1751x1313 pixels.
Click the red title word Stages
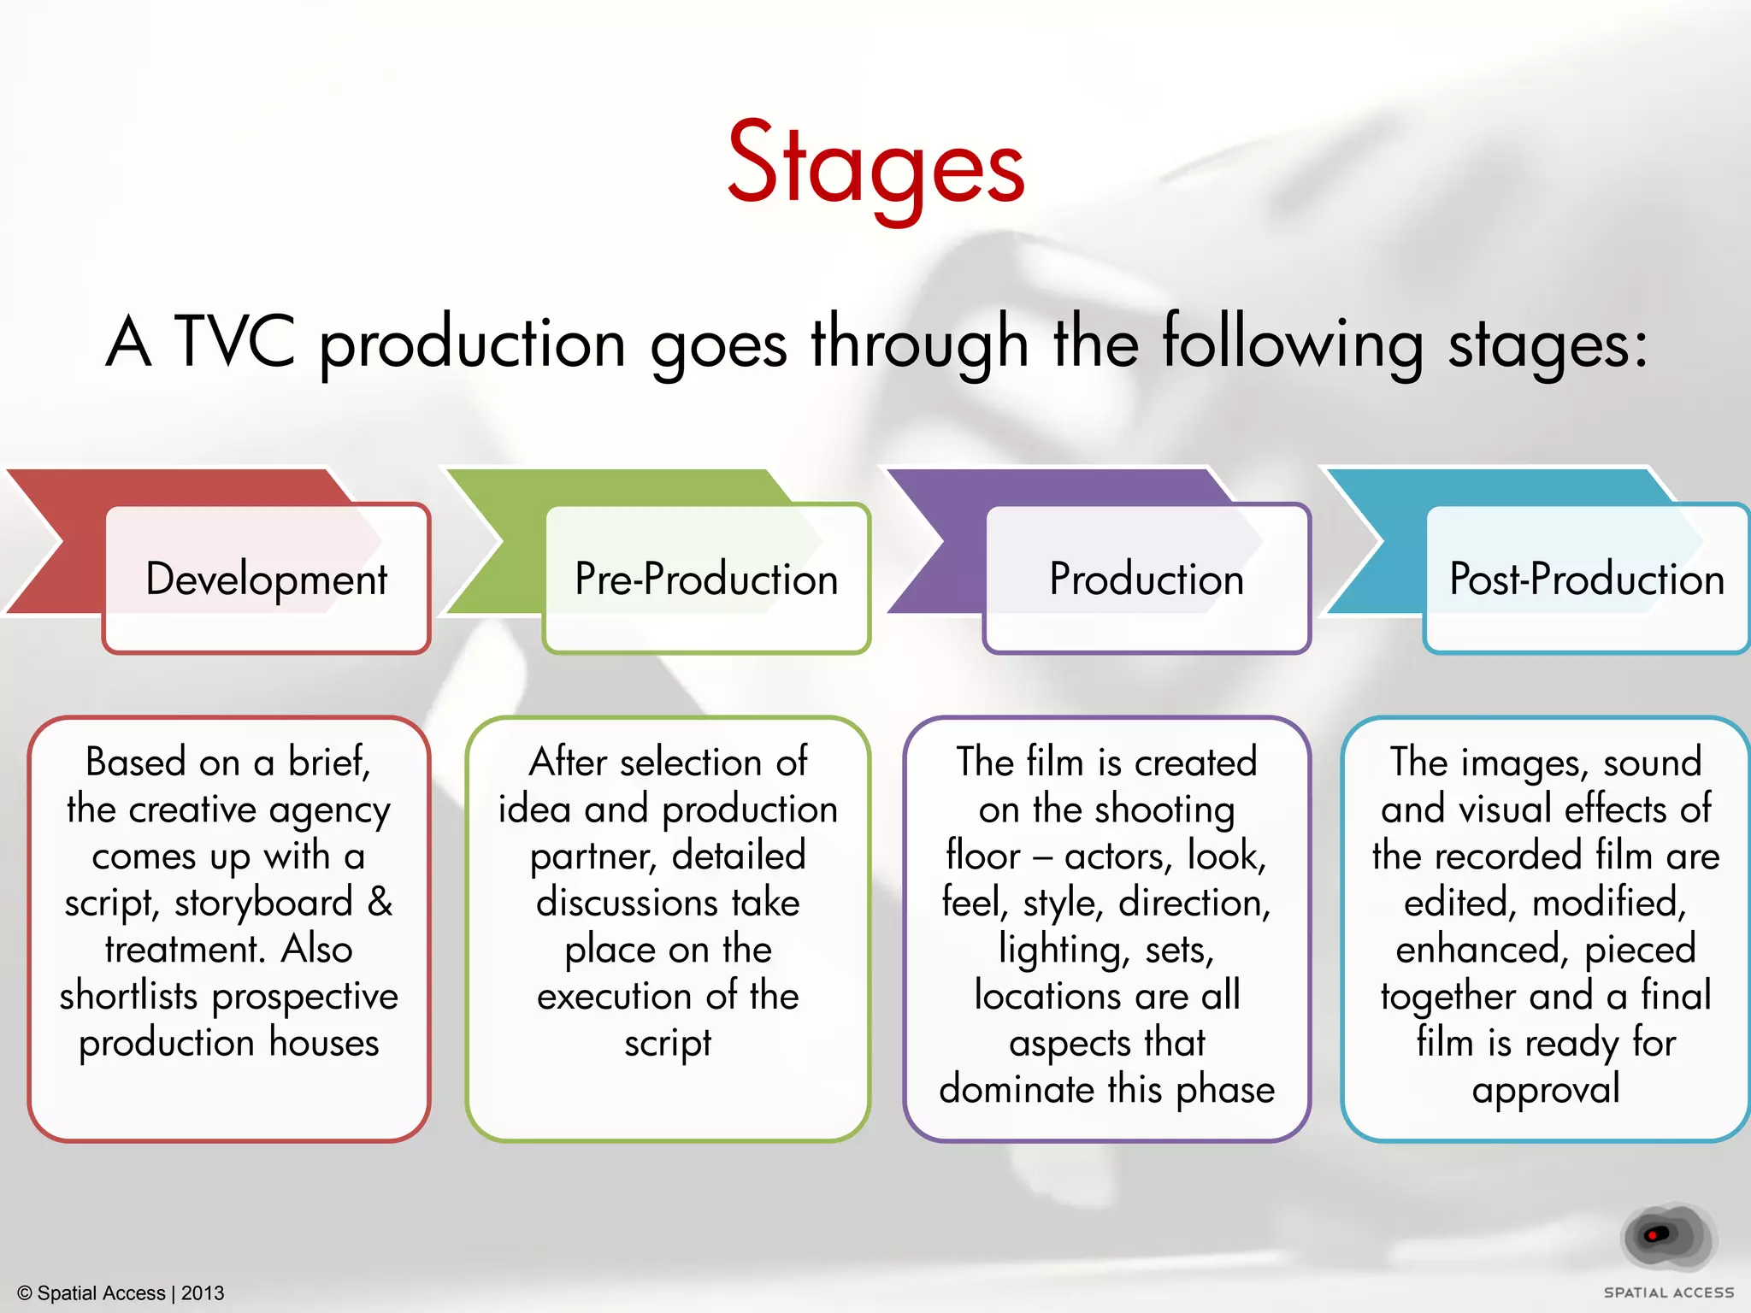click(875, 164)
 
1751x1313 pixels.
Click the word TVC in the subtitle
click(235, 342)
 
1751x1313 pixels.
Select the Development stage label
click(267, 579)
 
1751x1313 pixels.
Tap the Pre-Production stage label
click(706, 579)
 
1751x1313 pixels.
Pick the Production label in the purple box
click(1147, 579)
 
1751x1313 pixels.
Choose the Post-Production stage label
click(1587, 579)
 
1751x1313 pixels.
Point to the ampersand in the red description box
click(380, 903)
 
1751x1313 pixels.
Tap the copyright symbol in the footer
click(25, 1293)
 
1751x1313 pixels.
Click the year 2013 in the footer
click(203, 1293)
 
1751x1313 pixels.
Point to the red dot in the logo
click(1653, 1235)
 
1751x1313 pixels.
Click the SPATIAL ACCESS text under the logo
click(1669, 1293)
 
